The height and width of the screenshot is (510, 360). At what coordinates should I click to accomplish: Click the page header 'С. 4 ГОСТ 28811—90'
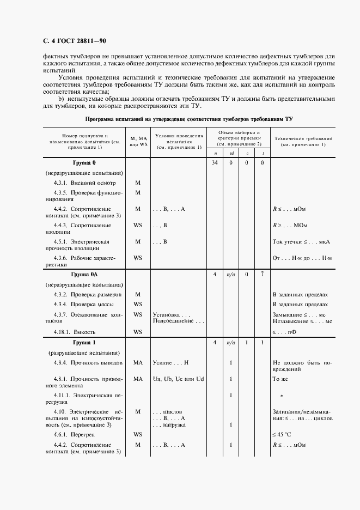[x=70, y=40]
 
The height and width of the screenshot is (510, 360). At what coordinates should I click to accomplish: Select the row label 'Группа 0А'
[x=84, y=274]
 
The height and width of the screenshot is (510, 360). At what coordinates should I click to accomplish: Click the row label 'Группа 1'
[x=84, y=342]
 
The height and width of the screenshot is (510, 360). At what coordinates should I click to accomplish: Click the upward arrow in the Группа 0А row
[x=262, y=274]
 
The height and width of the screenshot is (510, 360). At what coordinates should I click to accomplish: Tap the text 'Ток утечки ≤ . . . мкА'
[x=302, y=241]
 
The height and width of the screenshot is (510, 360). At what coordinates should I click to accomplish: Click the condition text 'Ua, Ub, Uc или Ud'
[x=178, y=379]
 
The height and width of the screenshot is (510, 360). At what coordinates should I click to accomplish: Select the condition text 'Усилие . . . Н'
[x=170, y=362]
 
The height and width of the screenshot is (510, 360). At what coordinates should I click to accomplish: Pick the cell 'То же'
[x=280, y=379]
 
